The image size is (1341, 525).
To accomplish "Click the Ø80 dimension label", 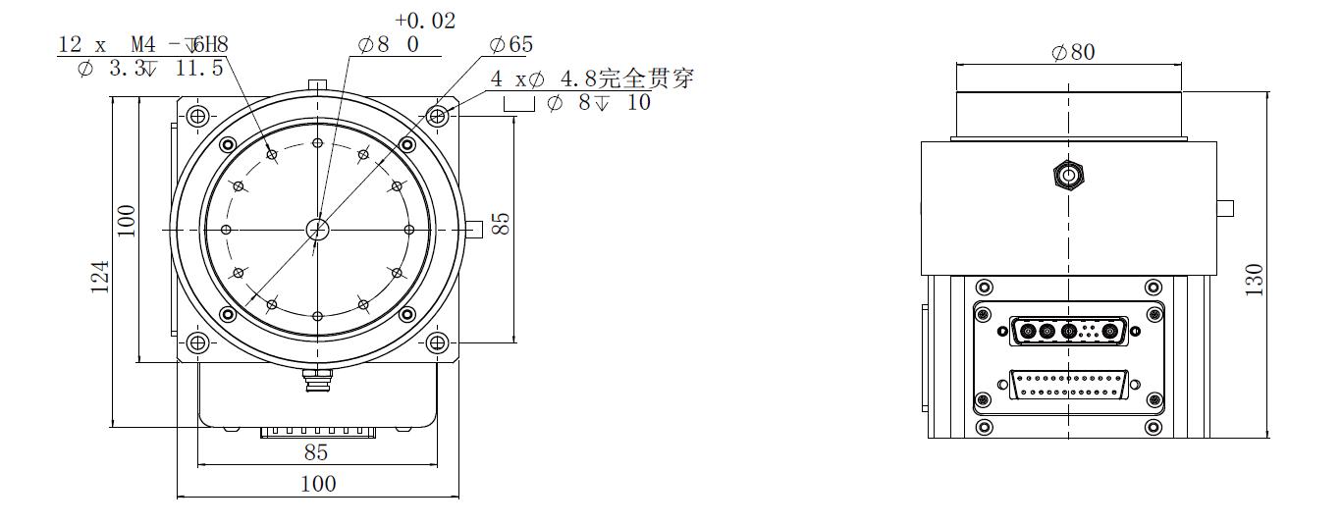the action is (1073, 52).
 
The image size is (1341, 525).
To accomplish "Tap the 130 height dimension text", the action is (1254, 280).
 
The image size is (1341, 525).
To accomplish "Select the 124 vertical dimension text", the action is (100, 277).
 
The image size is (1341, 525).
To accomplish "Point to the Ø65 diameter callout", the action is (510, 44).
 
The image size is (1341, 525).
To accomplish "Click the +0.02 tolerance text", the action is (425, 21).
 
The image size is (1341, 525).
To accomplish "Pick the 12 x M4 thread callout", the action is (143, 44).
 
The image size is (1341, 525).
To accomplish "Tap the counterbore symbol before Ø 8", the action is (519, 104).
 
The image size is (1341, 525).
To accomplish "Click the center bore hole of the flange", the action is (317, 230).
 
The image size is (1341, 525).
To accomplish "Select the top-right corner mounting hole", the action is (437, 116).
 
